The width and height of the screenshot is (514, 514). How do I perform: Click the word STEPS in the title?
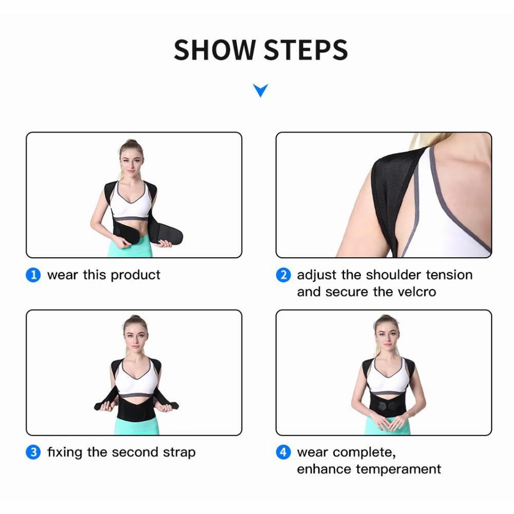(x=306, y=50)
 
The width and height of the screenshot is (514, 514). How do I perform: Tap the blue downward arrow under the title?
(x=260, y=91)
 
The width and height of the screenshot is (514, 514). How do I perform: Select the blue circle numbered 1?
(x=33, y=275)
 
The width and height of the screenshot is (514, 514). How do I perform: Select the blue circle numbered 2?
(x=283, y=275)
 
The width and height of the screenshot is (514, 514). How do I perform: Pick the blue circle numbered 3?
(x=33, y=453)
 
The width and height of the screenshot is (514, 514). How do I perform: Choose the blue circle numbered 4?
(x=283, y=453)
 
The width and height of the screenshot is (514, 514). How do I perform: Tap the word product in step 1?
(x=136, y=275)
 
